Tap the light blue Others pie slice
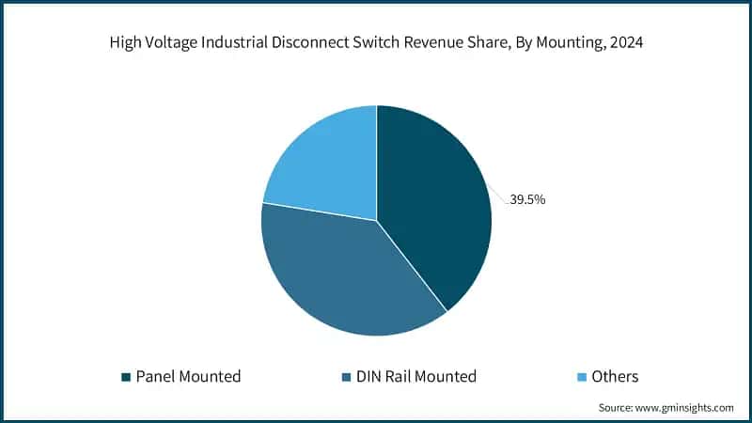pos(324,160)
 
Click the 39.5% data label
pos(527,199)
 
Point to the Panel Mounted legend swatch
pos(125,377)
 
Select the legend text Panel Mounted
pos(188,377)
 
